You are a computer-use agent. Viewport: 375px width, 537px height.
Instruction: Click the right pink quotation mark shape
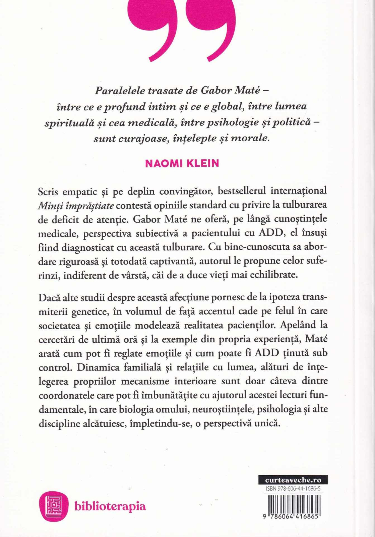pos(211,32)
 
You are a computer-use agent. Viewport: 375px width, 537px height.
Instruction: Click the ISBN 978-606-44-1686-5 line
pos(293,489)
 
